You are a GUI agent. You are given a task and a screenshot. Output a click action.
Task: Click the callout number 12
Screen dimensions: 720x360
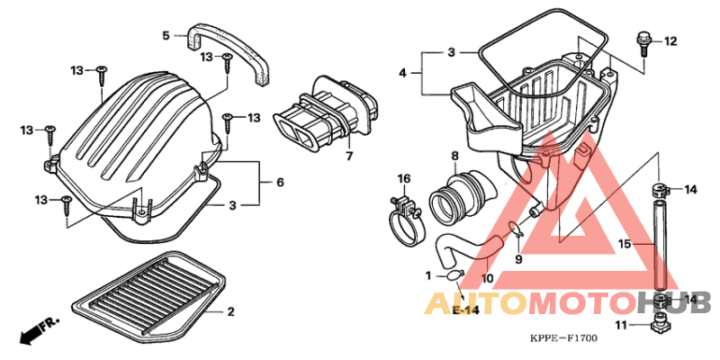point(670,41)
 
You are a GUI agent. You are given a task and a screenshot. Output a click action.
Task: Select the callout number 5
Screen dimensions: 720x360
point(166,35)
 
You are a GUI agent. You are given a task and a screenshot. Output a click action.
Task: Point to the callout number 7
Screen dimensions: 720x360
point(349,157)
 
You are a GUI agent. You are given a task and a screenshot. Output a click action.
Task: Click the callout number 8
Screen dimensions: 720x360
point(454,156)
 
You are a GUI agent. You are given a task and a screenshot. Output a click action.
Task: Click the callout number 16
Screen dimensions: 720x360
point(403,178)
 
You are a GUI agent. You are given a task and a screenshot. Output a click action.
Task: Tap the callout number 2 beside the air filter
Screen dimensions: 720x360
point(230,312)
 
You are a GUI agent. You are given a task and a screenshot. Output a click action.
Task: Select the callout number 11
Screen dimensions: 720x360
point(621,326)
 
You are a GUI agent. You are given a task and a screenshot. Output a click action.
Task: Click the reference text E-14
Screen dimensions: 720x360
point(465,310)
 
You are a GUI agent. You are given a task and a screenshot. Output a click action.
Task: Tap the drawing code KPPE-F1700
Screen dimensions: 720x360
point(563,339)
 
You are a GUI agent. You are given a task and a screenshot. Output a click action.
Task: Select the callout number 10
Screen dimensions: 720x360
point(487,278)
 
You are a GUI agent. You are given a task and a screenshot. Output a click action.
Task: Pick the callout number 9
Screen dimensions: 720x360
point(518,260)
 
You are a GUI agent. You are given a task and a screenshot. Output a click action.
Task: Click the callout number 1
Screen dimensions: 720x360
point(428,276)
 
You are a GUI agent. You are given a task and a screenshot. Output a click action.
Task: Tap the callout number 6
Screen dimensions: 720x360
point(280,183)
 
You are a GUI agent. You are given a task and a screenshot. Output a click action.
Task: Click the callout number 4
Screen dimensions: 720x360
point(402,73)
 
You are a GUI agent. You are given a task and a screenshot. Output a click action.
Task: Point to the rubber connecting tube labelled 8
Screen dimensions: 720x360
point(463,198)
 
